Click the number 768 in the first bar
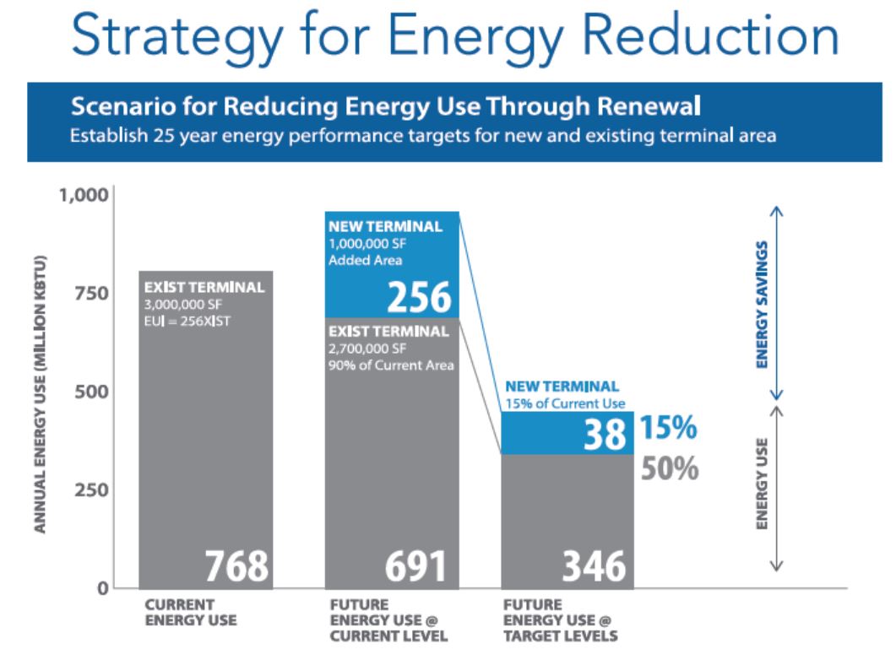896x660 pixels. point(236,566)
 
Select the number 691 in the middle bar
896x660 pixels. point(415,566)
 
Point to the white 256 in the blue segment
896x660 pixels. point(419,297)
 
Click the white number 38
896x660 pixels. point(605,434)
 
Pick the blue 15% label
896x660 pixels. point(668,428)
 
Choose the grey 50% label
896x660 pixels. point(670,468)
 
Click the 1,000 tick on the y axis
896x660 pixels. point(84,195)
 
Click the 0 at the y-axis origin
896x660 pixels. point(102,588)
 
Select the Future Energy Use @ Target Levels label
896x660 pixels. point(560,620)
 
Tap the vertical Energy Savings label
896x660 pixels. point(762,305)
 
